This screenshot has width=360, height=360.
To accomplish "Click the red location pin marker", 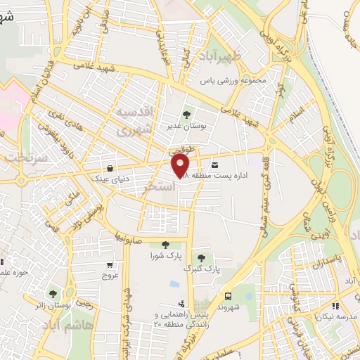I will [x=181, y=166].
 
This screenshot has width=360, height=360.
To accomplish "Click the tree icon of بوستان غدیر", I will [x=186, y=114].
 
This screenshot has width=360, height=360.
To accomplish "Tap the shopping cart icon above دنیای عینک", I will [x=111, y=169].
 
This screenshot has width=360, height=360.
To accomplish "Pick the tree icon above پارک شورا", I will [x=165, y=244].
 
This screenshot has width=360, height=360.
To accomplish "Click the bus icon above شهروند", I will [x=229, y=296].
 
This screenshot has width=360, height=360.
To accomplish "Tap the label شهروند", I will [x=229, y=307].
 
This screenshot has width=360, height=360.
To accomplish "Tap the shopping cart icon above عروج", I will [x=110, y=265].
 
